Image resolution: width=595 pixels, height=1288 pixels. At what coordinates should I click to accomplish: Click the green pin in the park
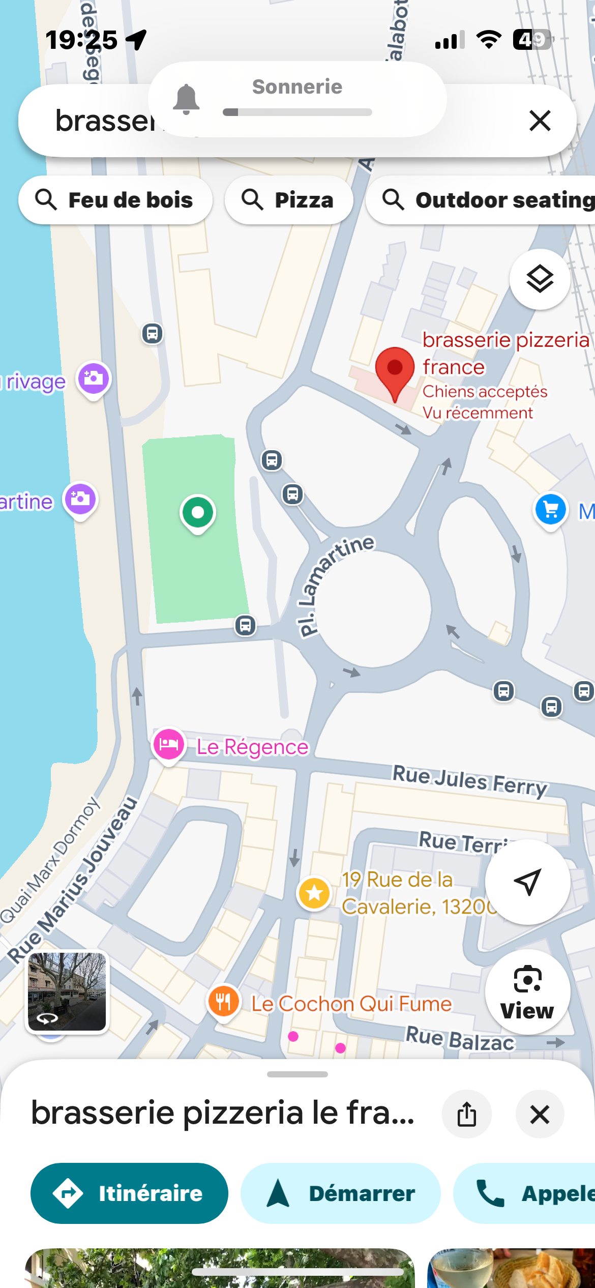pyautogui.click(x=198, y=513)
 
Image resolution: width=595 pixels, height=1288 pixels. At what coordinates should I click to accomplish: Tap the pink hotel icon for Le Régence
pyautogui.click(x=168, y=744)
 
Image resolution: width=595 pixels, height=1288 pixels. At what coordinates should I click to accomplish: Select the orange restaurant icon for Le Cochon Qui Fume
pyautogui.click(x=223, y=1001)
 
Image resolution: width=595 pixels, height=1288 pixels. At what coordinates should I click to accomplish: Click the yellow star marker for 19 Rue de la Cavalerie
pyautogui.click(x=314, y=893)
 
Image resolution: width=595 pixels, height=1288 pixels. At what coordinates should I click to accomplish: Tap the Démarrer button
pyautogui.click(x=340, y=1193)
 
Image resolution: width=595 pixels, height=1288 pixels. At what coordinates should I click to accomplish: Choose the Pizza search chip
pyautogui.click(x=288, y=200)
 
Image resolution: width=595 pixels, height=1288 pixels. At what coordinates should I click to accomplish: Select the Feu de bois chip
pyautogui.click(x=115, y=200)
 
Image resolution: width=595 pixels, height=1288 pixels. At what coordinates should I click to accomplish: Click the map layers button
pyautogui.click(x=540, y=279)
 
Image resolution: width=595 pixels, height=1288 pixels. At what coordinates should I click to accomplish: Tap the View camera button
pyautogui.click(x=527, y=991)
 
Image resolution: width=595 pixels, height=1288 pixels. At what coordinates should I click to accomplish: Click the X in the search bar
pyautogui.click(x=540, y=121)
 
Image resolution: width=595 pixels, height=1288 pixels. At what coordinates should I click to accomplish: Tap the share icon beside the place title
pyautogui.click(x=466, y=1114)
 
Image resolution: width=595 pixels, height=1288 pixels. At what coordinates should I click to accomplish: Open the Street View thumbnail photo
pyautogui.click(x=67, y=991)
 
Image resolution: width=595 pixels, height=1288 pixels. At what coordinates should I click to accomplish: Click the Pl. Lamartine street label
pyautogui.click(x=336, y=585)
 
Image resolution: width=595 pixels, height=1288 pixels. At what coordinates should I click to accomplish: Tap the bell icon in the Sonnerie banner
pyautogui.click(x=186, y=99)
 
